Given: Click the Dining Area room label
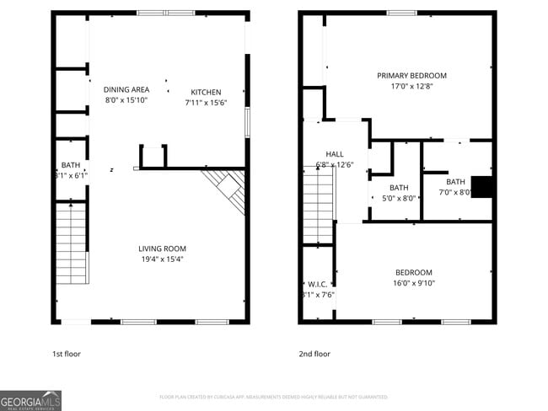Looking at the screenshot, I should click(126, 89).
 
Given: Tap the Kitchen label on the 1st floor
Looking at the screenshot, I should click(206, 92).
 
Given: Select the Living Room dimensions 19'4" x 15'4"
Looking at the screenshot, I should click(162, 259).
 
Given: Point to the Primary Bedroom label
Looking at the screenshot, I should click(411, 76).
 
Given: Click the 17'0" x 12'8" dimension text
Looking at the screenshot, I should click(411, 86).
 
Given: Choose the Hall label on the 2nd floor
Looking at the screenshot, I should click(335, 154).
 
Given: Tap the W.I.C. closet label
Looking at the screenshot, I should click(317, 284).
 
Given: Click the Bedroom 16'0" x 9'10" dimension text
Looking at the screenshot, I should click(414, 283).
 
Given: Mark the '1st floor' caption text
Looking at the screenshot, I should click(67, 355).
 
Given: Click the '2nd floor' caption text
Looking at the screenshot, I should click(314, 355).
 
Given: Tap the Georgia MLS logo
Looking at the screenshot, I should click(31, 400).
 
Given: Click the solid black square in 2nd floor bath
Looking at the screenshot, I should click(481, 186).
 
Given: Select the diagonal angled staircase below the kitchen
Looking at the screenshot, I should click(226, 189).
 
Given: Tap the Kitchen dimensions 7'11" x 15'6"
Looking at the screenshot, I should click(206, 102).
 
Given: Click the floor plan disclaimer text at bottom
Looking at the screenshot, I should click(273, 396).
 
